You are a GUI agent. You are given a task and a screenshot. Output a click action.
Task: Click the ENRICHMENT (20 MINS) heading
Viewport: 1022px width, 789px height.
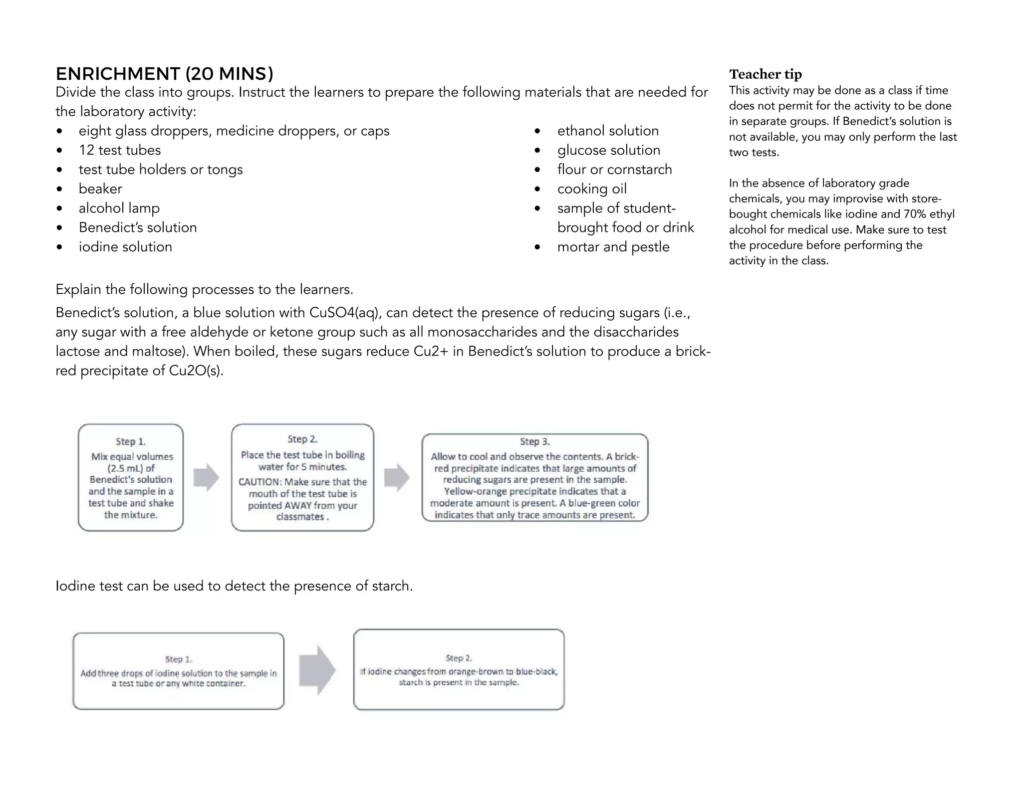click(164, 74)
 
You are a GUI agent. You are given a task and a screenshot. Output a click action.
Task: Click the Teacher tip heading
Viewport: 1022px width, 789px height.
click(765, 74)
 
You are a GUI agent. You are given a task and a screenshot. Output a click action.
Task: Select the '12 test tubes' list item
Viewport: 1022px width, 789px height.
click(120, 150)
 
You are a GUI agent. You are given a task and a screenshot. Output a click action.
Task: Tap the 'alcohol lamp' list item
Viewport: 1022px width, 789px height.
click(119, 208)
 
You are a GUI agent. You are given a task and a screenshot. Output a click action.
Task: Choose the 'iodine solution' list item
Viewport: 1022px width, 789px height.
click(125, 247)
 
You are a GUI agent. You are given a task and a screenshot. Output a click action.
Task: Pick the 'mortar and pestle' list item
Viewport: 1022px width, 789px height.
click(613, 247)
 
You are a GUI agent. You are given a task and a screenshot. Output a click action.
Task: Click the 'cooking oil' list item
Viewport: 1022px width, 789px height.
click(592, 189)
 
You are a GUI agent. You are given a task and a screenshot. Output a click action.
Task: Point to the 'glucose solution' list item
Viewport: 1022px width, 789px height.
click(608, 150)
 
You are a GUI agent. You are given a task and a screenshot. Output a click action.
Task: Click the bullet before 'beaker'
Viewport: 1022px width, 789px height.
click(60, 189)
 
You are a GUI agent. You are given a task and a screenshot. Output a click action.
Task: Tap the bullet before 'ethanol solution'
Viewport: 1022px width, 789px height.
click(537, 131)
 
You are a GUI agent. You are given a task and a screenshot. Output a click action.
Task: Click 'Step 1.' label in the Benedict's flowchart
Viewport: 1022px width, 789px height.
click(131, 441)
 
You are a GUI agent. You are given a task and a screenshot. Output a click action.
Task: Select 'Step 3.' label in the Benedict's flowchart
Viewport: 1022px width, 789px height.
click(534, 441)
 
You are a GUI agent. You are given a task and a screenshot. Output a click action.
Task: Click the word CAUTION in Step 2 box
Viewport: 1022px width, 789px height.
click(259, 482)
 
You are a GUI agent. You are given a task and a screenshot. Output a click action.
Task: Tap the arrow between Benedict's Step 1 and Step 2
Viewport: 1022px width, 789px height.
click(206, 477)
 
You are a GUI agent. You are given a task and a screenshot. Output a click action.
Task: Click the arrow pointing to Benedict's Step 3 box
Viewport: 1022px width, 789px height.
click(397, 477)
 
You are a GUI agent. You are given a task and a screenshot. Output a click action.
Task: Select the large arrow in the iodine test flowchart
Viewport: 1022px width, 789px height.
click(317, 670)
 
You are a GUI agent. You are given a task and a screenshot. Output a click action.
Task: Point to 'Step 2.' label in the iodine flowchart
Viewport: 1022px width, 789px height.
click(459, 658)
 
